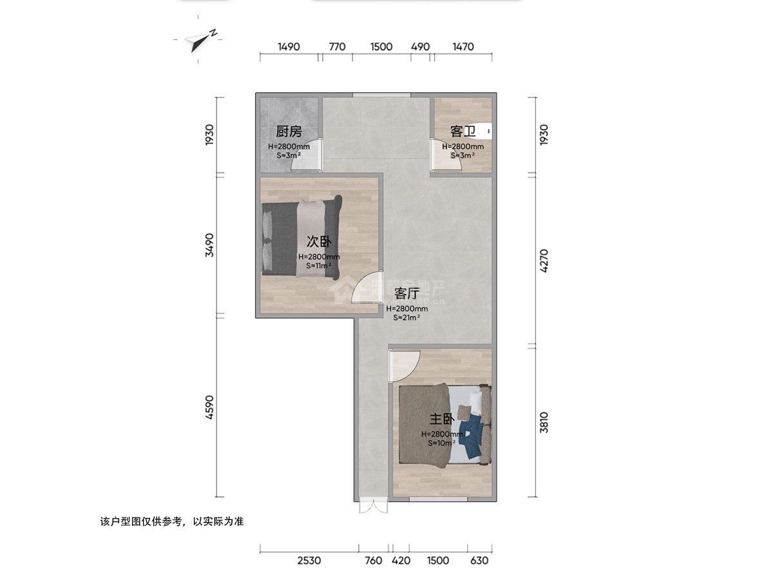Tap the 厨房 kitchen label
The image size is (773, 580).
289,132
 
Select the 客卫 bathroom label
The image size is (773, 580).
463,132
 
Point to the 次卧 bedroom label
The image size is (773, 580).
319,242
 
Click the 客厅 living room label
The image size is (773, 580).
406,294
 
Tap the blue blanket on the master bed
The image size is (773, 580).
474,433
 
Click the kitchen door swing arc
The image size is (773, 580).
303,161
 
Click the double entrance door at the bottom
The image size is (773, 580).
374,507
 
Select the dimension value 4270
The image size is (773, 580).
545,261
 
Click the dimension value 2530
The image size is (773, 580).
309,561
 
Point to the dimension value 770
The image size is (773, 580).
337,46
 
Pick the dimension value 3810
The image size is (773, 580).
545,422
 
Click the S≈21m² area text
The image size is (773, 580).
406,317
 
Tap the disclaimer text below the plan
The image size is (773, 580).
171,521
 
